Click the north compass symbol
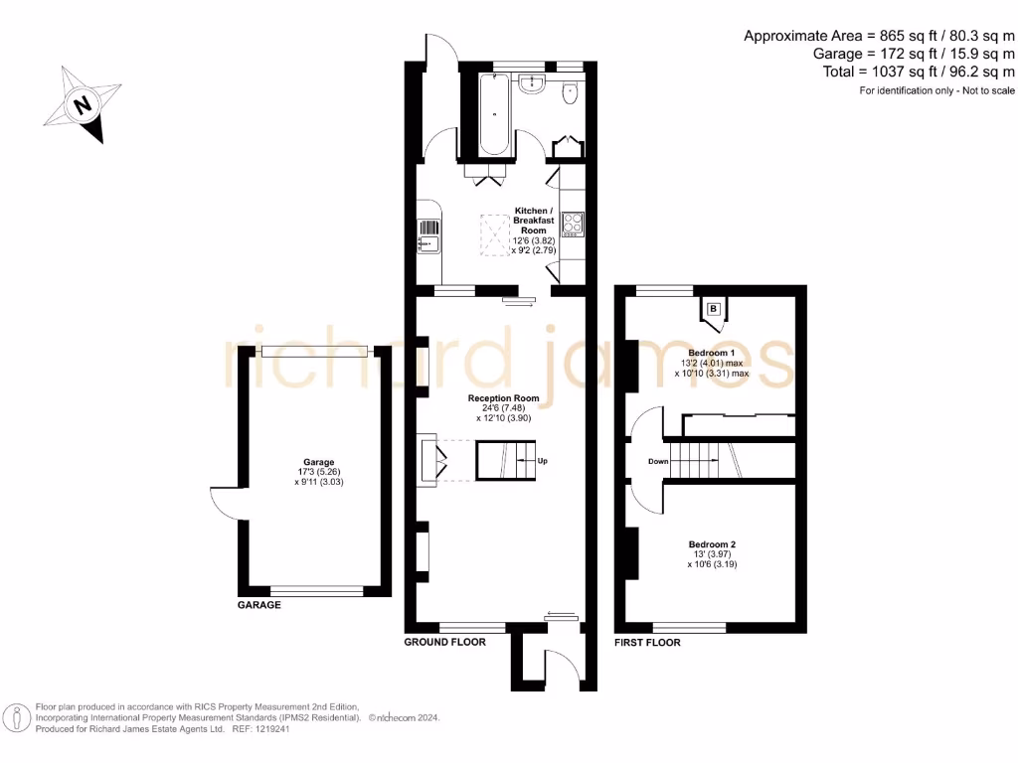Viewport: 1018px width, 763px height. tap(84, 102)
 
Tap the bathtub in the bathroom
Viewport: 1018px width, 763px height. tap(495, 115)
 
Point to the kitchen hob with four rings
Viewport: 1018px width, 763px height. tap(573, 225)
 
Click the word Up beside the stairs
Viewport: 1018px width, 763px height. tap(543, 461)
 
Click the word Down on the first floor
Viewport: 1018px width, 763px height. tap(657, 461)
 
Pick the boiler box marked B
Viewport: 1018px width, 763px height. tap(713, 309)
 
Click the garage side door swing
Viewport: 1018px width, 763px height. tap(225, 505)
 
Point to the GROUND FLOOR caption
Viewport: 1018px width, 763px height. tap(444, 643)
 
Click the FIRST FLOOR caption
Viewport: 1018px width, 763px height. tap(647, 643)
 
